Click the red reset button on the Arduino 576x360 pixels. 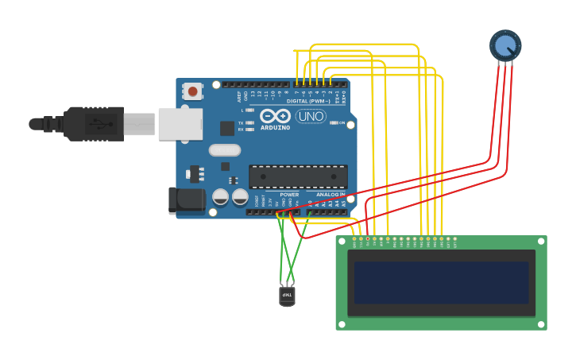[x=192, y=91]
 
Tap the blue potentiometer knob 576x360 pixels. [x=505, y=45]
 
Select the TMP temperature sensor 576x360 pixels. [x=287, y=296]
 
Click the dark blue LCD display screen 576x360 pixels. [x=441, y=283]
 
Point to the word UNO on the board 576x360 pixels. [x=311, y=117]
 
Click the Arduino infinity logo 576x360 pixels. [x=275, y=116]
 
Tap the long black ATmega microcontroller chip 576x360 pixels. [x=298, y=176]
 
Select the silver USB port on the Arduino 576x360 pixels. [x=180, y=124]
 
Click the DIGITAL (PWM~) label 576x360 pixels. [x=308, y=101]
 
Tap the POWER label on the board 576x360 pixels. [x=289, y=194]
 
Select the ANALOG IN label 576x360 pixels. [x=331, y=194]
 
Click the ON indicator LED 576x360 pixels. [x=333, y=123]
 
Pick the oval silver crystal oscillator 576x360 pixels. [x=225, y=149]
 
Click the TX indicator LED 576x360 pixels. [x=249, y=123]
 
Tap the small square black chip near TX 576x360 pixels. [x=227, y=127]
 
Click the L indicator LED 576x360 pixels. [x=249, y=110]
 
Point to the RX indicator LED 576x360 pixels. [x=249, y=130]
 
